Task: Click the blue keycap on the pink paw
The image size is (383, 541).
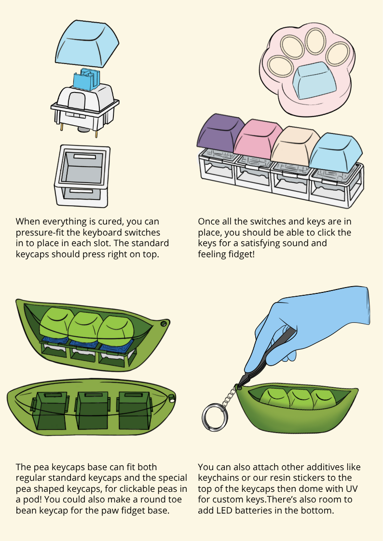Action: coord(314,81)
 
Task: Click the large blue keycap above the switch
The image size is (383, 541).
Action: coord(87,43)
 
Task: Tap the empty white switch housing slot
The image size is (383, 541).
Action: coord(82,176)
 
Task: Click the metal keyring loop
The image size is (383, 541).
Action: coord(215,417)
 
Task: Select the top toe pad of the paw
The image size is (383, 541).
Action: coord(315,41)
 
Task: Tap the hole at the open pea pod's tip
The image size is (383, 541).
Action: coord(164,324)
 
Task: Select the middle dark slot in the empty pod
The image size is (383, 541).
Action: coord(89,410)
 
